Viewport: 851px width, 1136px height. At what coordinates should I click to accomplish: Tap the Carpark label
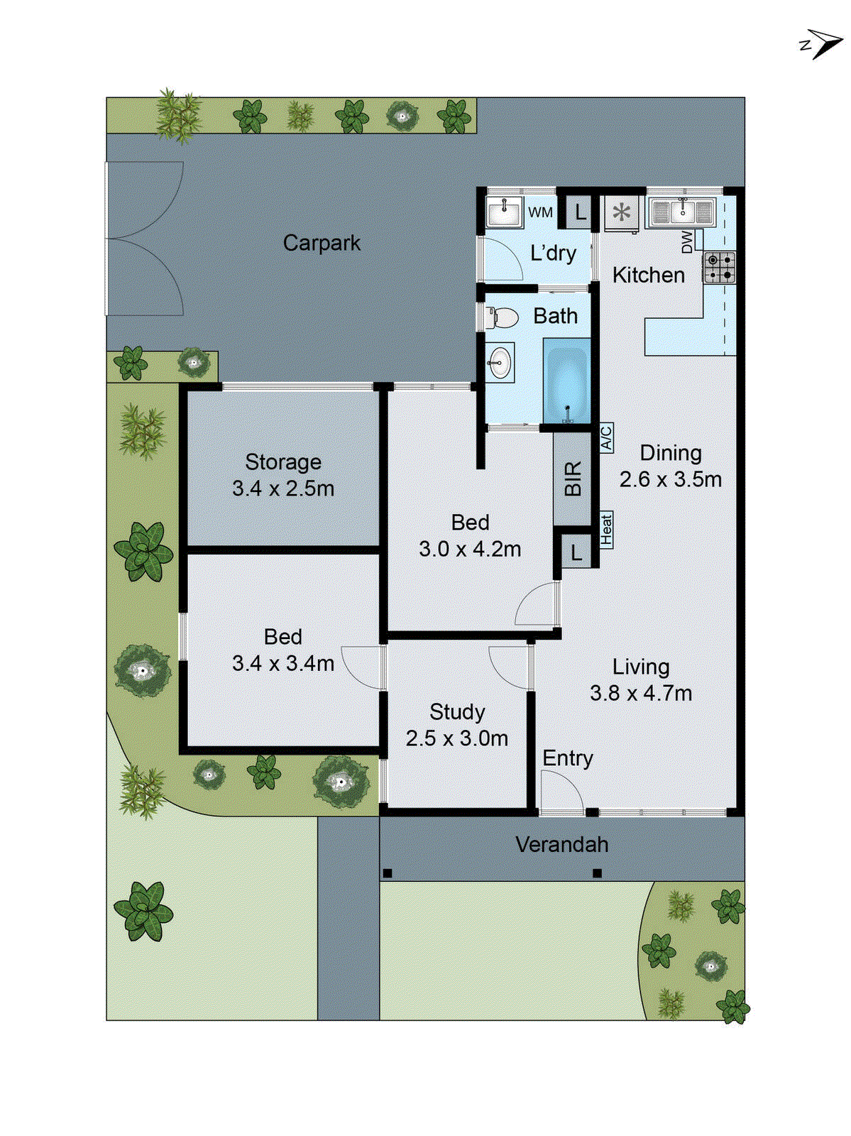pos(322,244)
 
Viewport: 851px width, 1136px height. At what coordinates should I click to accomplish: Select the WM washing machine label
pos(540,212)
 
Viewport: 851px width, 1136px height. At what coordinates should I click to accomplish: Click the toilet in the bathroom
pos(503,317)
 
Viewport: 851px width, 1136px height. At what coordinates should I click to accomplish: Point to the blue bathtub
pos(566,381)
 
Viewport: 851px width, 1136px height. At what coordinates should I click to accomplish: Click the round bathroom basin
pos(500,362)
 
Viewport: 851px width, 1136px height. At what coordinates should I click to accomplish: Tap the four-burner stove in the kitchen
pos(719,268)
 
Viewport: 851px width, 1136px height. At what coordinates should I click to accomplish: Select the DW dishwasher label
pos(687,241)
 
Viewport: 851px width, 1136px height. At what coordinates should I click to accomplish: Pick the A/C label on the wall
pos(606,438)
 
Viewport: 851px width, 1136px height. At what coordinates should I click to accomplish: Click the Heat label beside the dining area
pos(606,530)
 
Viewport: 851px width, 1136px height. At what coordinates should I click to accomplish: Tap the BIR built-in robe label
pos(573,479)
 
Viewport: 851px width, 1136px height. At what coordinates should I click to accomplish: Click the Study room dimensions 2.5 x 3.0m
pos(456,738)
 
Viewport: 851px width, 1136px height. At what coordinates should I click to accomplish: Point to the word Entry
pos(567,758)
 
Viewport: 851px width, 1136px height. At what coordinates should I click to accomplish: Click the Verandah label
pos(561,845)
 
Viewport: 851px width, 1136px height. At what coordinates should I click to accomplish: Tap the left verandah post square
pos(388,873)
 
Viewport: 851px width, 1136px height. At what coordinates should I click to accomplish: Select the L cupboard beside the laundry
pos(580,212)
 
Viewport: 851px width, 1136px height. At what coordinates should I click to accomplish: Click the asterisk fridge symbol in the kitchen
pos(622,212)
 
